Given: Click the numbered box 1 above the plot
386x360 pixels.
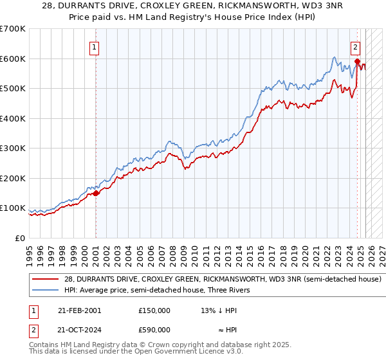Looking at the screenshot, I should [x=95, y=46].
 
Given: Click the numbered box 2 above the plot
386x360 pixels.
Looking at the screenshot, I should [x=355, y=46].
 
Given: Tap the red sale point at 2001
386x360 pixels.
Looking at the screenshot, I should [x=96, y=193].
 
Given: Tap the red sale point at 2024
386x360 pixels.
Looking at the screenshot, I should [x=357, y=62].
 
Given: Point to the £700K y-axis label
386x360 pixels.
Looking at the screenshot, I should [x=13, y=29].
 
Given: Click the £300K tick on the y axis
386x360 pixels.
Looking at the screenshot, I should [x=13, y=148].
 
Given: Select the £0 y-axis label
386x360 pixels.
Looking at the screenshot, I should [x=21, y=239].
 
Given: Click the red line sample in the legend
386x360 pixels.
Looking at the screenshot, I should [x=46, y=280].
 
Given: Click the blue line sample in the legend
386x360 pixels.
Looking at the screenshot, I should [x=46, y=290].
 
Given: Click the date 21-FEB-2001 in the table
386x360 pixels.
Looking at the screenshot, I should [x=78, y=310].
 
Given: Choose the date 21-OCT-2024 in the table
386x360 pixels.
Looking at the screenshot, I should [x=78, y=329].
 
